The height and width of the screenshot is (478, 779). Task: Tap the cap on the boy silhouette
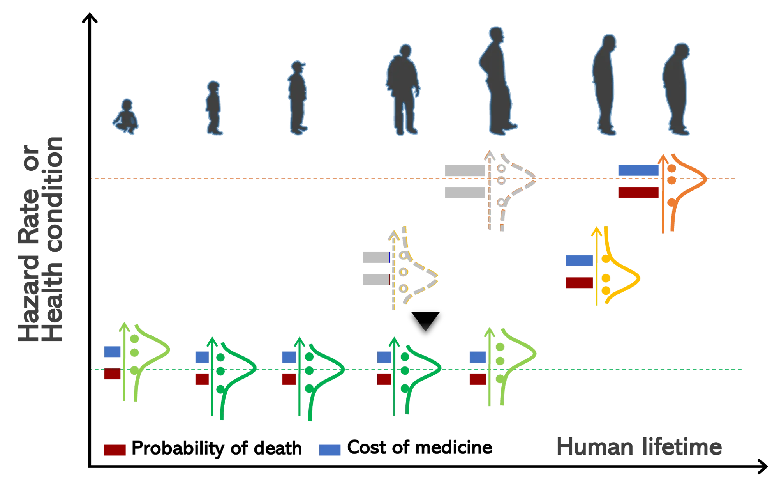pyautogui.click(x=298, y=65)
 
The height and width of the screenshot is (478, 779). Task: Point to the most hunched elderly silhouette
pyautogui.click(x=677, y=90)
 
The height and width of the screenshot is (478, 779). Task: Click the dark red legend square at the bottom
pyautogui.click(x=115, y=450)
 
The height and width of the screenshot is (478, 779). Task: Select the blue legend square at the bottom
pyautogui.click(x=330, y=450)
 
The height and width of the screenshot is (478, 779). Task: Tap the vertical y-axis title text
pyautogui.click(x=51, y=240)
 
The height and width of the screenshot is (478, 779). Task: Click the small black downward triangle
pyautogui.click(x=425, y=328)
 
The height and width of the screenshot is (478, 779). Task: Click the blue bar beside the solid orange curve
pyautogui.click(x=638, y=170)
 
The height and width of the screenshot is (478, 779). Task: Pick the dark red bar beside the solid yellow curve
pyautogui.click(x=578, y=283)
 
